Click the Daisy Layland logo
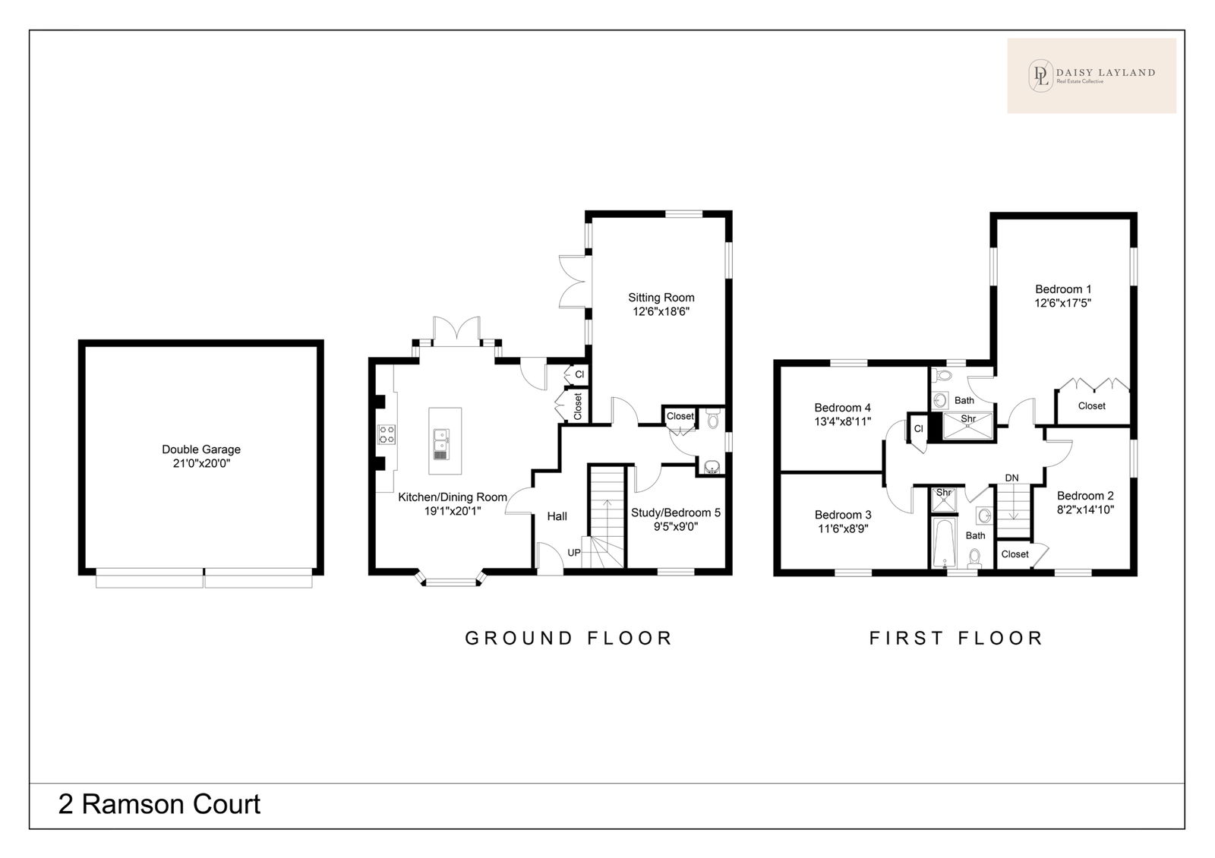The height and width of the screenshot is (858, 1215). tap(1091, 76)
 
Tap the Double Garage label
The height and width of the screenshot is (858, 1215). tap(201, 449)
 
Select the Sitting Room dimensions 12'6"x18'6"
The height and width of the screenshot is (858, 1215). tap(661, 311)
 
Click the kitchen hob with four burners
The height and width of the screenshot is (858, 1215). tap(387, 434)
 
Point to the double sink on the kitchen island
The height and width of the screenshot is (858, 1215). tap(441, 444)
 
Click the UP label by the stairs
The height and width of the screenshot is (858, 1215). tap(574, 553)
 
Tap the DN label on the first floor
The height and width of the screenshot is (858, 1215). tap(1011, 478)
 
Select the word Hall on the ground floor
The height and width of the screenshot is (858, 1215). tap(557, 516)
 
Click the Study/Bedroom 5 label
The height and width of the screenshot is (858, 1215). tap(675, 513)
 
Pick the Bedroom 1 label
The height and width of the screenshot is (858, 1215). tap(1062, 289)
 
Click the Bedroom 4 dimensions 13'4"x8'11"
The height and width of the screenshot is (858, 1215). tap(842, 421)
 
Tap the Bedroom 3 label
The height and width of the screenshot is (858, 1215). tap(843, 514)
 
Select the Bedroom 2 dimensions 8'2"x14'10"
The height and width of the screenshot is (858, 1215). tap(1085, 509)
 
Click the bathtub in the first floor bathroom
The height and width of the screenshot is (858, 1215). tap(944, 542)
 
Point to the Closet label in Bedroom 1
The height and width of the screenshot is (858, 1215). tap(1091, 405)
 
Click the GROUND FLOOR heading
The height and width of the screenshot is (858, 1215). tap(569, 638)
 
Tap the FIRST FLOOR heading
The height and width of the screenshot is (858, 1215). tap(956, 638)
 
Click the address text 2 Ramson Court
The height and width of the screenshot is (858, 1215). tap(159, 804)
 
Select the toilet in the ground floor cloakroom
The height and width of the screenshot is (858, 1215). tap(713, 418)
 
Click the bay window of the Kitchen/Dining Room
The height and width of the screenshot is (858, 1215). tap(450, 579)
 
